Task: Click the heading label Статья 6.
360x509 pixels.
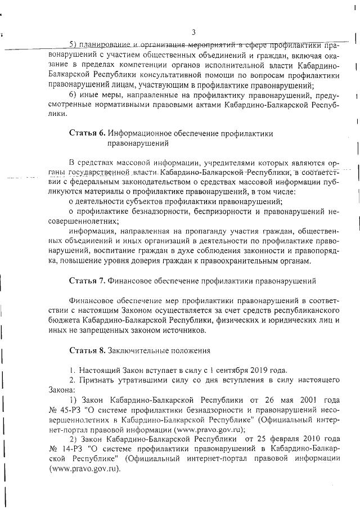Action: point(87,134)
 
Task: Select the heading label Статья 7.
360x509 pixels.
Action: point(87,280)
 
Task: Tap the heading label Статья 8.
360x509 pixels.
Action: point(87,352)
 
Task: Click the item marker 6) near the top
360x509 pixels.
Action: point(72,94)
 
